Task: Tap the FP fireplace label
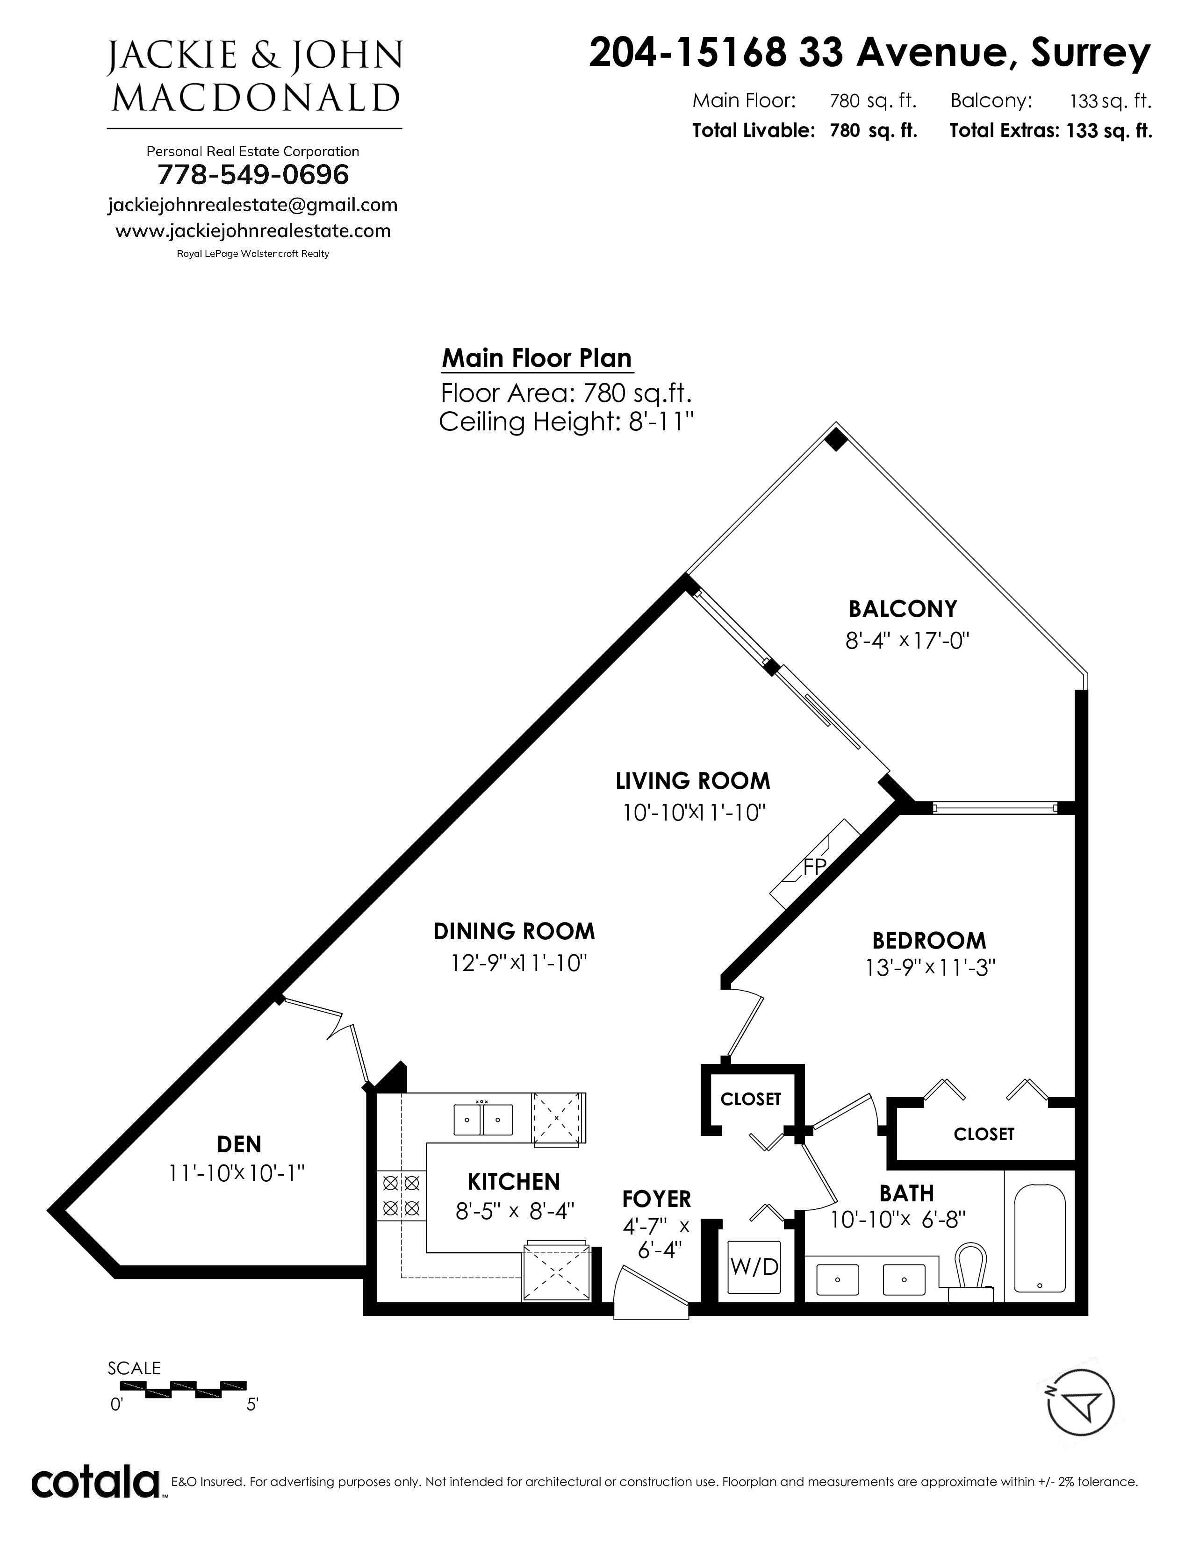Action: [814, 866]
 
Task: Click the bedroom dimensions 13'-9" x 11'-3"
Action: [930, 967]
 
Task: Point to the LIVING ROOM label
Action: [693, 781]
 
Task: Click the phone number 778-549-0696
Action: [253, 174]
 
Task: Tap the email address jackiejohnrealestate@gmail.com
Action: [253, 205]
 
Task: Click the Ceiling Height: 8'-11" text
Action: [567, 422]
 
